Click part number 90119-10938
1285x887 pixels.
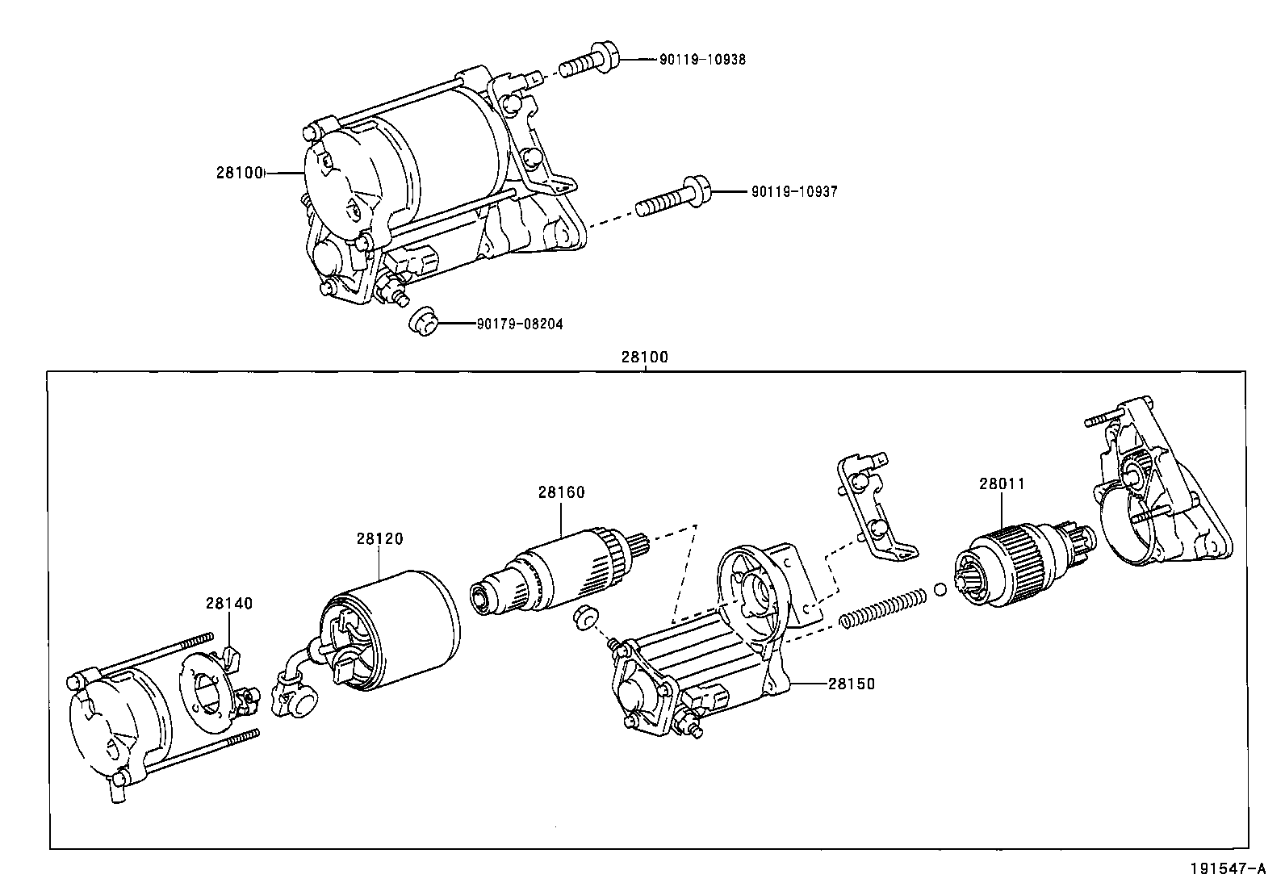[702, 59]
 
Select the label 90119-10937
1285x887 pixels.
[794, 191]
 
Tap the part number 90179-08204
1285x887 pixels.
[520, 324]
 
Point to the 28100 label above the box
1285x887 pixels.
[645, 357]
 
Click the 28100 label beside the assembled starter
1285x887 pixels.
[240, 173]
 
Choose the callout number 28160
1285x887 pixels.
[561, 492]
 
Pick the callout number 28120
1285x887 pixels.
[379, 539]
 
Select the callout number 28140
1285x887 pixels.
[229, 603]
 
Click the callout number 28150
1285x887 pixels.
[852, 684]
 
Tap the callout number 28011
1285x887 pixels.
[1002, 483]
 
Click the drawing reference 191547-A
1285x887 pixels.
[1228, 868]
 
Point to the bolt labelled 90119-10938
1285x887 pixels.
[589, 61]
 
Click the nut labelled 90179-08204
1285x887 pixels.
[424, 321]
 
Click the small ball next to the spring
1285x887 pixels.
[940, 589]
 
